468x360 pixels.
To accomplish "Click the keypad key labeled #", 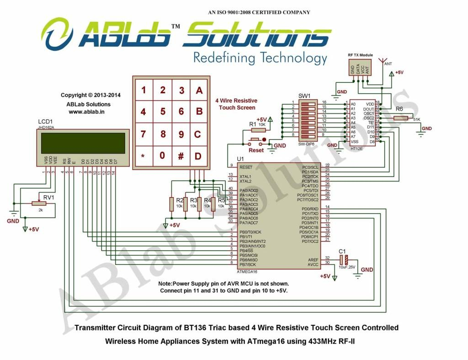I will pos(181,156).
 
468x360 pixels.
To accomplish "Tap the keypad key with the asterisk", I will pos(143,156).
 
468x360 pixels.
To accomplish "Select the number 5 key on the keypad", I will pos(162,111).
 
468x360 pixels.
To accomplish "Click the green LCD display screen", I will pos(83,143).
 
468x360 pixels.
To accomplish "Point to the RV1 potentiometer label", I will pos(48,197).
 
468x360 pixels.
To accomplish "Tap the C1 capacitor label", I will pos(342,251).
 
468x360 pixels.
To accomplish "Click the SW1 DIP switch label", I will pos(304,97).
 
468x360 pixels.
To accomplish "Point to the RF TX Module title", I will pos(360,55).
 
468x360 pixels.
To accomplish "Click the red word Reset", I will pos(256,150).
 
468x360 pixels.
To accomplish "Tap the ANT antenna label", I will pos(388,64).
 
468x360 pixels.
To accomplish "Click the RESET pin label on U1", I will pos(246,167).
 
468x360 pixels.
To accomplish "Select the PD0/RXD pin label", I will pos(310,209).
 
